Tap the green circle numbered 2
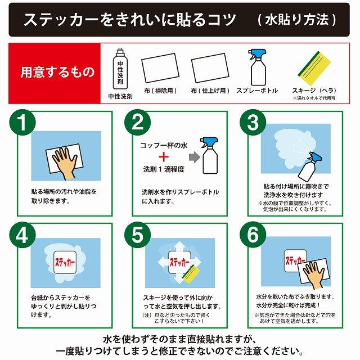click(x=137, y=123)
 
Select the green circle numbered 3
click(x=252, y=123)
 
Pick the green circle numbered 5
click(x=137, y=235)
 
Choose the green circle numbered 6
click(x=252, y=235)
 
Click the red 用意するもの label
click(x=54, y=73)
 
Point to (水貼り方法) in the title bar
click(x=296, y=20)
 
